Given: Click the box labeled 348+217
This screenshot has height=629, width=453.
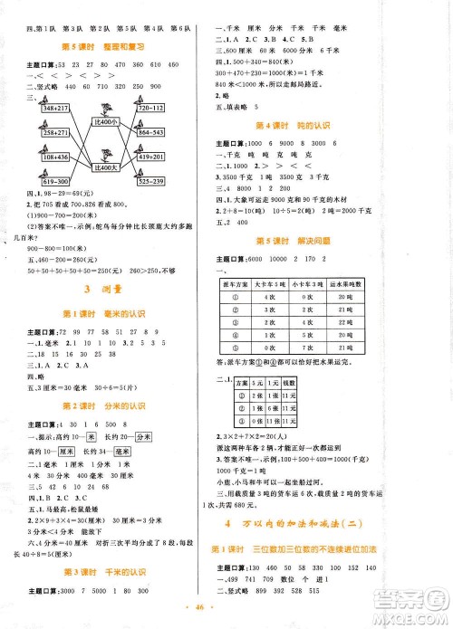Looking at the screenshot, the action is (53, 110).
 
